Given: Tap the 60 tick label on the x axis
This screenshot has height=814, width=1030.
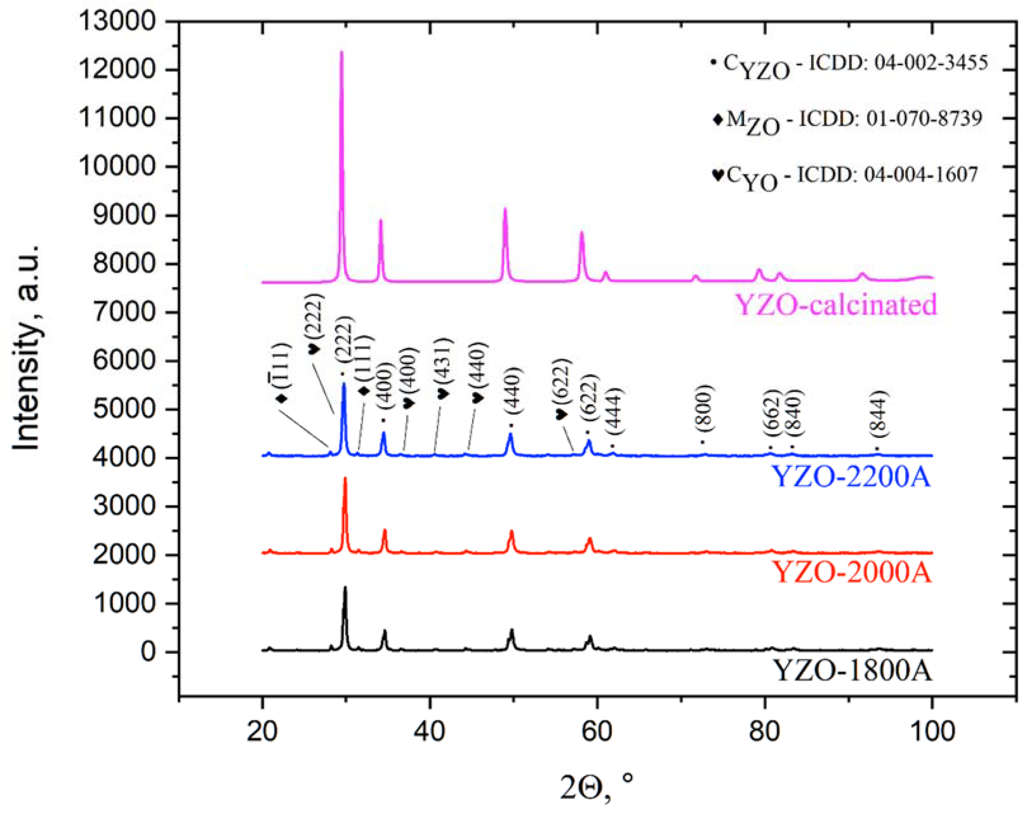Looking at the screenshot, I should coord(597,731).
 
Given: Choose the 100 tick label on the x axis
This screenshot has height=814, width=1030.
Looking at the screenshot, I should coord(932,731).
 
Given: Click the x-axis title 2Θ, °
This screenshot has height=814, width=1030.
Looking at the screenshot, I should coord(597,788).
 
